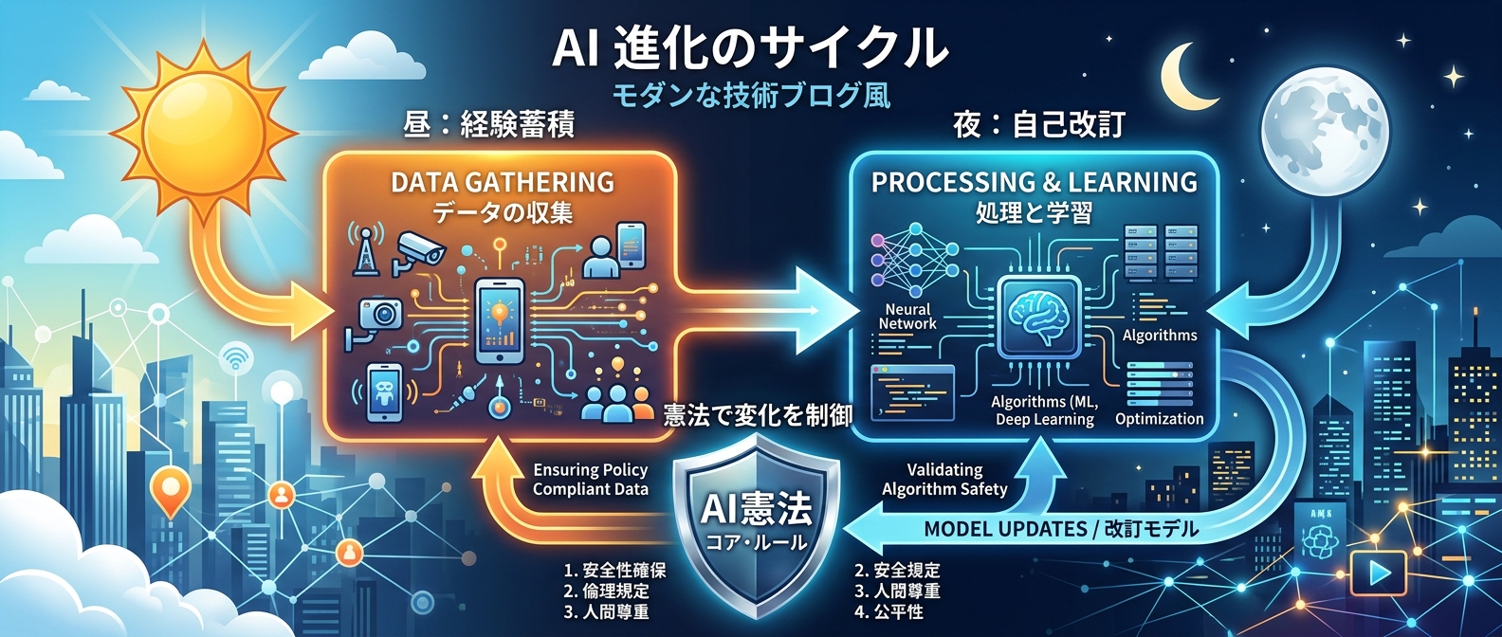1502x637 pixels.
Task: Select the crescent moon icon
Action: point(1183,79)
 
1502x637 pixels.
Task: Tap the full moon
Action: point(1326,130)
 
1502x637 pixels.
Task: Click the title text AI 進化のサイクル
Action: point(749,47)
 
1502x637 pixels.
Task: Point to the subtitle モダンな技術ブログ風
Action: point(750,96)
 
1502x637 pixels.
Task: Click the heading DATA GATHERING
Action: point(503,182)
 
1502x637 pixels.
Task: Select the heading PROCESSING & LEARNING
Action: point(1035,182)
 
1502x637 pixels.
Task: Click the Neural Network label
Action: point(907,317)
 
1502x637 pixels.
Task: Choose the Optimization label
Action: point(1159,419)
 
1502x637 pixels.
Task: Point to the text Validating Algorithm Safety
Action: point(944,480)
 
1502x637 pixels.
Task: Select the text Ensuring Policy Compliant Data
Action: point(590,480)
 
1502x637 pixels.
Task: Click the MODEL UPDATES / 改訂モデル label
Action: point(1061,529)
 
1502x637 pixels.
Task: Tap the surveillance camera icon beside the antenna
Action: point(420,248)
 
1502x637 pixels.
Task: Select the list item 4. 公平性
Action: point(888,612)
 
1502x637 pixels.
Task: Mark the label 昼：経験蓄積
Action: point(489,124)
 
